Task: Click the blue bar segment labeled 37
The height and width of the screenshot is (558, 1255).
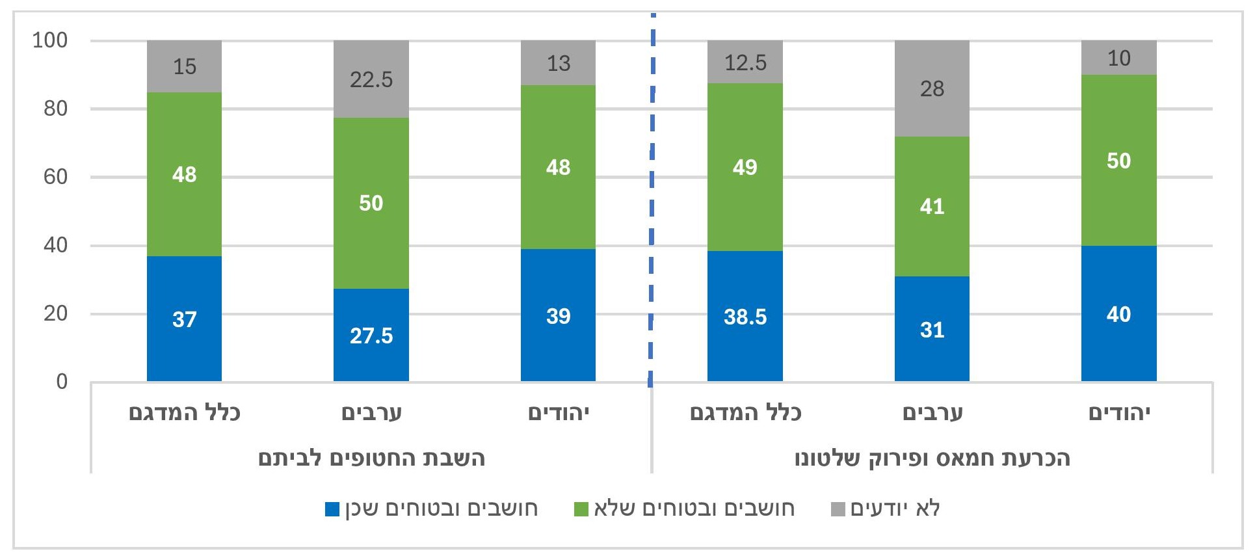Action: point(184,319)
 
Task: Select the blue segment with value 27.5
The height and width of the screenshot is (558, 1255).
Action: point(371,334)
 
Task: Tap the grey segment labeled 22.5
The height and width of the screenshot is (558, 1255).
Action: point(371,79)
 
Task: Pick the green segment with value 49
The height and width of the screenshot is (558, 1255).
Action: point(745,167)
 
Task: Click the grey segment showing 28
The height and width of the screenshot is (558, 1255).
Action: point(931,88)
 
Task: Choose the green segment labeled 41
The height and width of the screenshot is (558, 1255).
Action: point(931,206)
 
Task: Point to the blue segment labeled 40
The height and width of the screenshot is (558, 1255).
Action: point(1118,313)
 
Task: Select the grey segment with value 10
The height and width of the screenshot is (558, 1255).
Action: point(1118,58)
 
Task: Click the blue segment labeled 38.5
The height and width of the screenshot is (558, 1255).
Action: point(745,316)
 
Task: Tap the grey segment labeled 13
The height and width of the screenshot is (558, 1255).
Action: point(558,63)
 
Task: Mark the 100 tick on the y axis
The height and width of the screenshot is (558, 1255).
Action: point(50,40)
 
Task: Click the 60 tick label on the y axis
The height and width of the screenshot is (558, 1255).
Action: point(55,177)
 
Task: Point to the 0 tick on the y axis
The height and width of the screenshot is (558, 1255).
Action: point(62,381)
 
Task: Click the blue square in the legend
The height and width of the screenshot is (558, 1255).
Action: point(332,509)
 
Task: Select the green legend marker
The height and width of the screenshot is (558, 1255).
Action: point(581,509)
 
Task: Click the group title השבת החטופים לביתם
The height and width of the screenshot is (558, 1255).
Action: point(371,458)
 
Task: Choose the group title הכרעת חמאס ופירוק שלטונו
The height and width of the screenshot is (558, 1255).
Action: point(932,458)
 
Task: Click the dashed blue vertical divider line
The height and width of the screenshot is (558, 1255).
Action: point(652,195)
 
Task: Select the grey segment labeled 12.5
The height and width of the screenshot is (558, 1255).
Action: point(745,62)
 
